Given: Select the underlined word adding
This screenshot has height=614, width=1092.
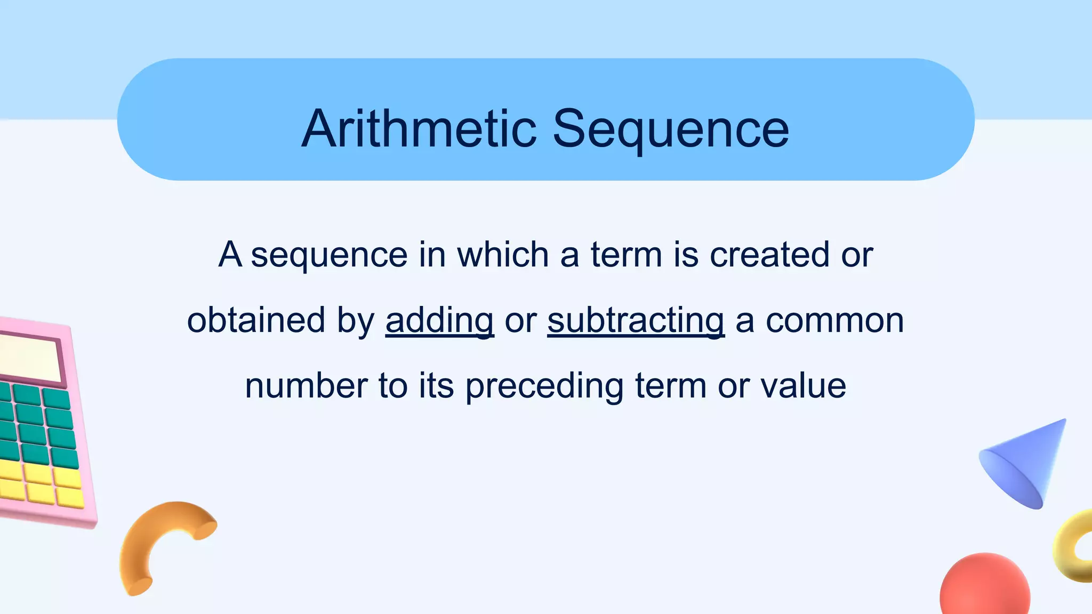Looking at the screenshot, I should coord(439,321).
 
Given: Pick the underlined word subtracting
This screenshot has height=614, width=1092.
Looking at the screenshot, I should coord(636,321).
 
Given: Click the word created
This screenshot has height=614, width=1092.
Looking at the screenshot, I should coord(769,255).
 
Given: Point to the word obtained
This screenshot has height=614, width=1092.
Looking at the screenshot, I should coord(256,320).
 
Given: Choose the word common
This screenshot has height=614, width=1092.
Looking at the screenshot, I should coord(834,321).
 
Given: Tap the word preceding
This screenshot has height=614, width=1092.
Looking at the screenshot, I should coord(544,386).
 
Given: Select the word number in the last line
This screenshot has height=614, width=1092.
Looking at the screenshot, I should coord(306,386).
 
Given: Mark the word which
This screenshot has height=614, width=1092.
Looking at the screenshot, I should coord(503,255).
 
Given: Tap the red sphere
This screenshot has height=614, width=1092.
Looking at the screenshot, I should coord(985,587).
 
